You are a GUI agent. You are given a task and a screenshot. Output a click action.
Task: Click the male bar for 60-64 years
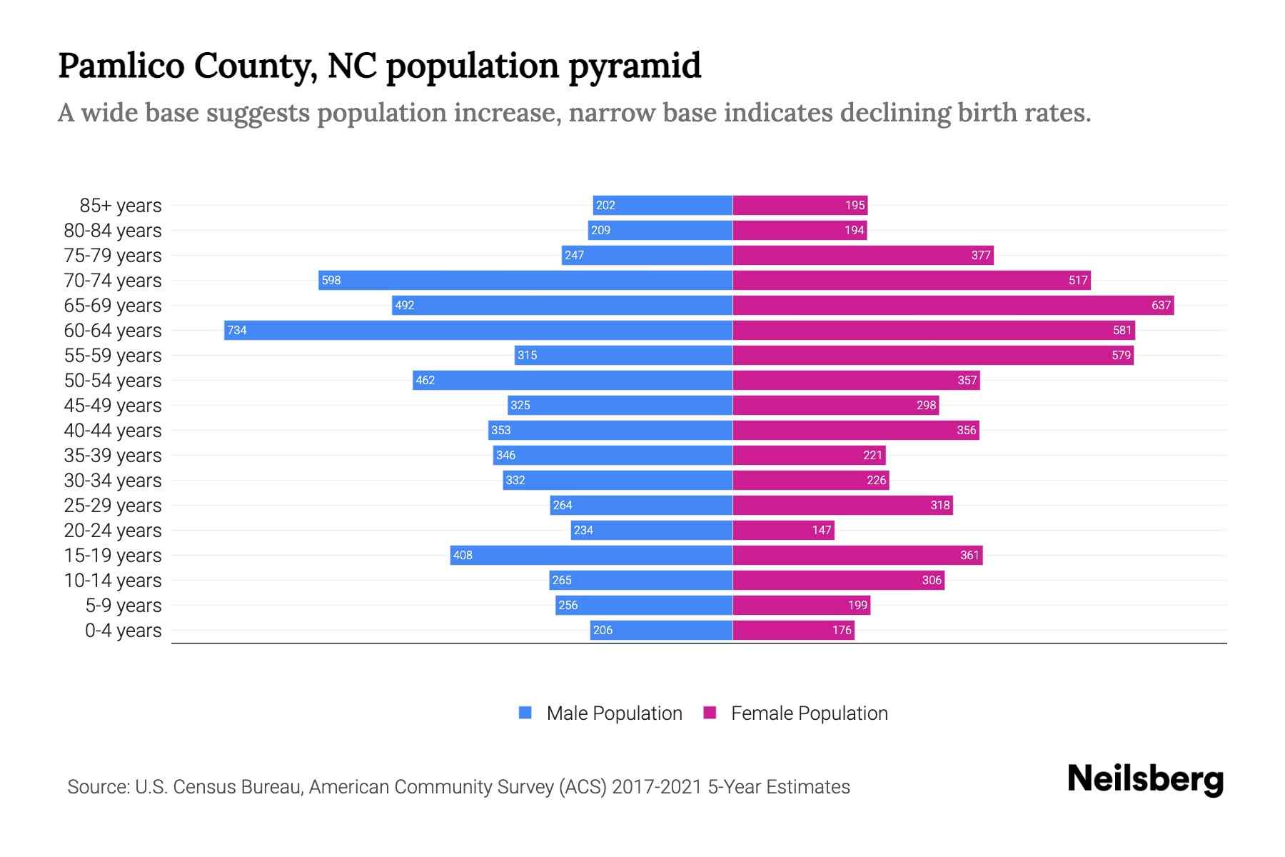coord(478,330)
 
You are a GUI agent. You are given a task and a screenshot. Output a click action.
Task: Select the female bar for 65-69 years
coord(953,305)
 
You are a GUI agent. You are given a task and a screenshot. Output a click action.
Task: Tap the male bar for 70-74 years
coord(525,280)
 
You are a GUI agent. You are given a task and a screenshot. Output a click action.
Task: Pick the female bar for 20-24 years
coord(783,530)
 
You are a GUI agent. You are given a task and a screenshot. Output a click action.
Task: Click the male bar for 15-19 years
coord(591,555)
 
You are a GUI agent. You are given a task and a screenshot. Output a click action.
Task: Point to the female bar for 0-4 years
coord(793,630)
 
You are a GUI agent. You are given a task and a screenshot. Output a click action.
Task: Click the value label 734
coord(237,330)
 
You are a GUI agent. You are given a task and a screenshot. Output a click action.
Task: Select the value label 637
coord(1161,306)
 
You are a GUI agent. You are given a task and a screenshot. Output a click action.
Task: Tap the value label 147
coord(822,530)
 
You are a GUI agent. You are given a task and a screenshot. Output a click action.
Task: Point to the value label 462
coord(425,380)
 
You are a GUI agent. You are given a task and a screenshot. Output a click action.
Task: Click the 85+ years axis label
coord(121,206)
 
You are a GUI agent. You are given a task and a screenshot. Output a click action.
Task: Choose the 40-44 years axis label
coord(113,431)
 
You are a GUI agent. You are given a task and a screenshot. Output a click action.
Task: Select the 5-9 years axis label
coord(124,606)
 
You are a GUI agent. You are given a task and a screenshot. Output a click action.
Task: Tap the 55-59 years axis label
coord(113,356)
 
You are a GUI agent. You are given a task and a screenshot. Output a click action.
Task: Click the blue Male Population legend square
coord(525,713)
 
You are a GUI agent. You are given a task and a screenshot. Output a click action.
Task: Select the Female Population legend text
coord(809,713)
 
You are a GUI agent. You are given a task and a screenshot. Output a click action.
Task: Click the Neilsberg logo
coord(1145,779)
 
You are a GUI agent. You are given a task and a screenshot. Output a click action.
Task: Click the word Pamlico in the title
coord(121,66)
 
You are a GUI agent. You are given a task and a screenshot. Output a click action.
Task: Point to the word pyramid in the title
coord(635,66)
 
